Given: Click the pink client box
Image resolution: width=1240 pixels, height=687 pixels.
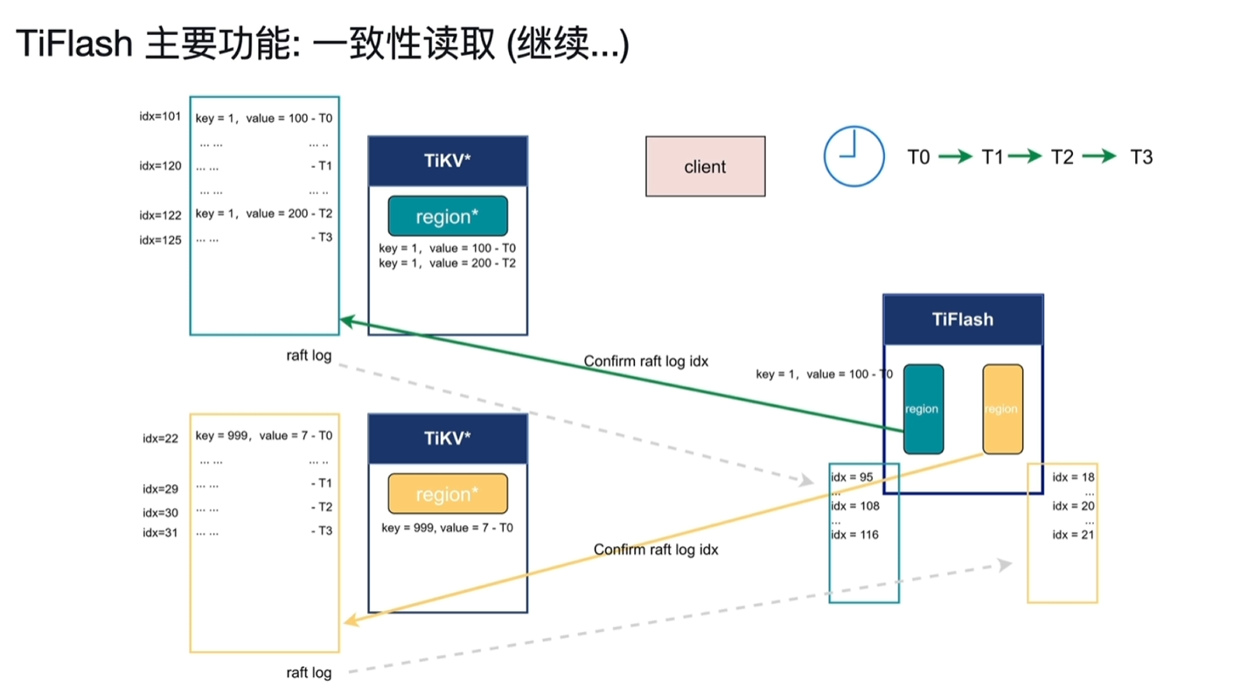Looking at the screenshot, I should click(705, 166).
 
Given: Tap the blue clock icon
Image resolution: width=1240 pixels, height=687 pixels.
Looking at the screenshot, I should click(853, 156).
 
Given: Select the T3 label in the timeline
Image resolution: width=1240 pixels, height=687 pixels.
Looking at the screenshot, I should click(1141, 157).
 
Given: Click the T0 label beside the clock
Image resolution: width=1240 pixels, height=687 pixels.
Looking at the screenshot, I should click(918, 157).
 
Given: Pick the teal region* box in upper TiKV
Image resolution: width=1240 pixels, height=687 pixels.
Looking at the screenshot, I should click(448, 216).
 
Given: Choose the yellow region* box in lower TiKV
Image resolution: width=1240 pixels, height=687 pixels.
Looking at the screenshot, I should click(448, 494).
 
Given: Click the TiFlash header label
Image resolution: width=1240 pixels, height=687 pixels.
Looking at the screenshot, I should click(962, 319).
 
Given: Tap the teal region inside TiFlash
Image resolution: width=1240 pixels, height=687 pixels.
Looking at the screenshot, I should click(923, 408).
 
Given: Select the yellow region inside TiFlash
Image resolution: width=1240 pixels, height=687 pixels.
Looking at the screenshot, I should click(1002, 408).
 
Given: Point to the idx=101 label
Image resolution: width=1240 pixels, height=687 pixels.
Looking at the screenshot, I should click(160, 116).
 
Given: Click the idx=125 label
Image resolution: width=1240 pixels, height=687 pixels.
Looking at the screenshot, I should click(160, 239).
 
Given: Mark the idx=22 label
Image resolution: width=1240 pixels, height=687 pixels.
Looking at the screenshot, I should click(160, 439).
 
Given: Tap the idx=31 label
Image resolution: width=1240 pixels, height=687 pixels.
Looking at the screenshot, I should click(160, 532).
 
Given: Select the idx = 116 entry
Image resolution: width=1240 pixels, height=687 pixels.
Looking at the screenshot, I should click(854, 534).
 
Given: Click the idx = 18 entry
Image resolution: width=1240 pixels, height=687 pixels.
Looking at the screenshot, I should click(1073, 477).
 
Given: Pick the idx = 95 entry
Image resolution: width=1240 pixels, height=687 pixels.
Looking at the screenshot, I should click(852, 477).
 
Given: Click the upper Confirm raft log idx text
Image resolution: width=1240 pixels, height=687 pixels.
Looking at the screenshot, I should click(645, 361).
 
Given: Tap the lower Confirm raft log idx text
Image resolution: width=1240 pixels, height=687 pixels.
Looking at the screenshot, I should click(656, 550).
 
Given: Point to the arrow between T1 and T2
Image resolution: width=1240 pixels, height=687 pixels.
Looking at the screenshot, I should click(1024, 156).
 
